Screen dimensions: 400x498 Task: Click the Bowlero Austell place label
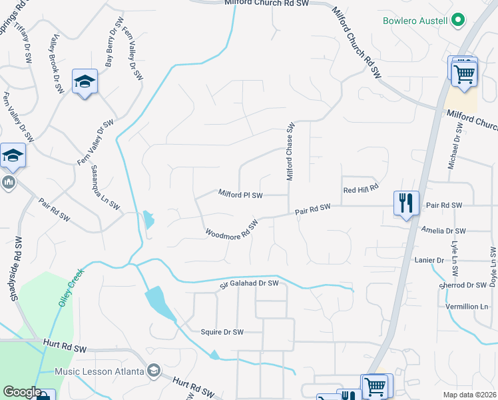click(415, 20)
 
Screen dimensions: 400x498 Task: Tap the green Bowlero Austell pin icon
click(457, 21)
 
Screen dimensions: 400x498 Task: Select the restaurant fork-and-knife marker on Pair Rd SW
click(406, 201)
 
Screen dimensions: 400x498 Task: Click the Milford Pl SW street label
click(241, 195)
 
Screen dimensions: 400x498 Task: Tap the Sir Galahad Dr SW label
click(249, 284)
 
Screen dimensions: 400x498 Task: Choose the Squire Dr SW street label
click(222, 331)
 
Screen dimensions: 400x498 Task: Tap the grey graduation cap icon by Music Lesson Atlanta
click(154, 371)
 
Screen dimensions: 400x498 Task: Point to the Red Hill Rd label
click(361, 190)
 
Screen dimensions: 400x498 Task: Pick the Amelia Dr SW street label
click(443, 231)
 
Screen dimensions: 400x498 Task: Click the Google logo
click(21, 392)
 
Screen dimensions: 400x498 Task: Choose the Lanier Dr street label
click(429, 259)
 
